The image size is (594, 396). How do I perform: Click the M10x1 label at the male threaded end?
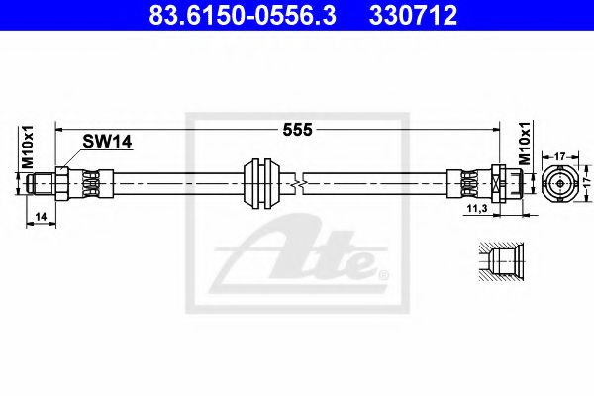30,149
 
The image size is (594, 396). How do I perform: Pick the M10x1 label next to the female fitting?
524,148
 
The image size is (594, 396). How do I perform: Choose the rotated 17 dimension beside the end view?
586,183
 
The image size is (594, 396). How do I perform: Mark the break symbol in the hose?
299,183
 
